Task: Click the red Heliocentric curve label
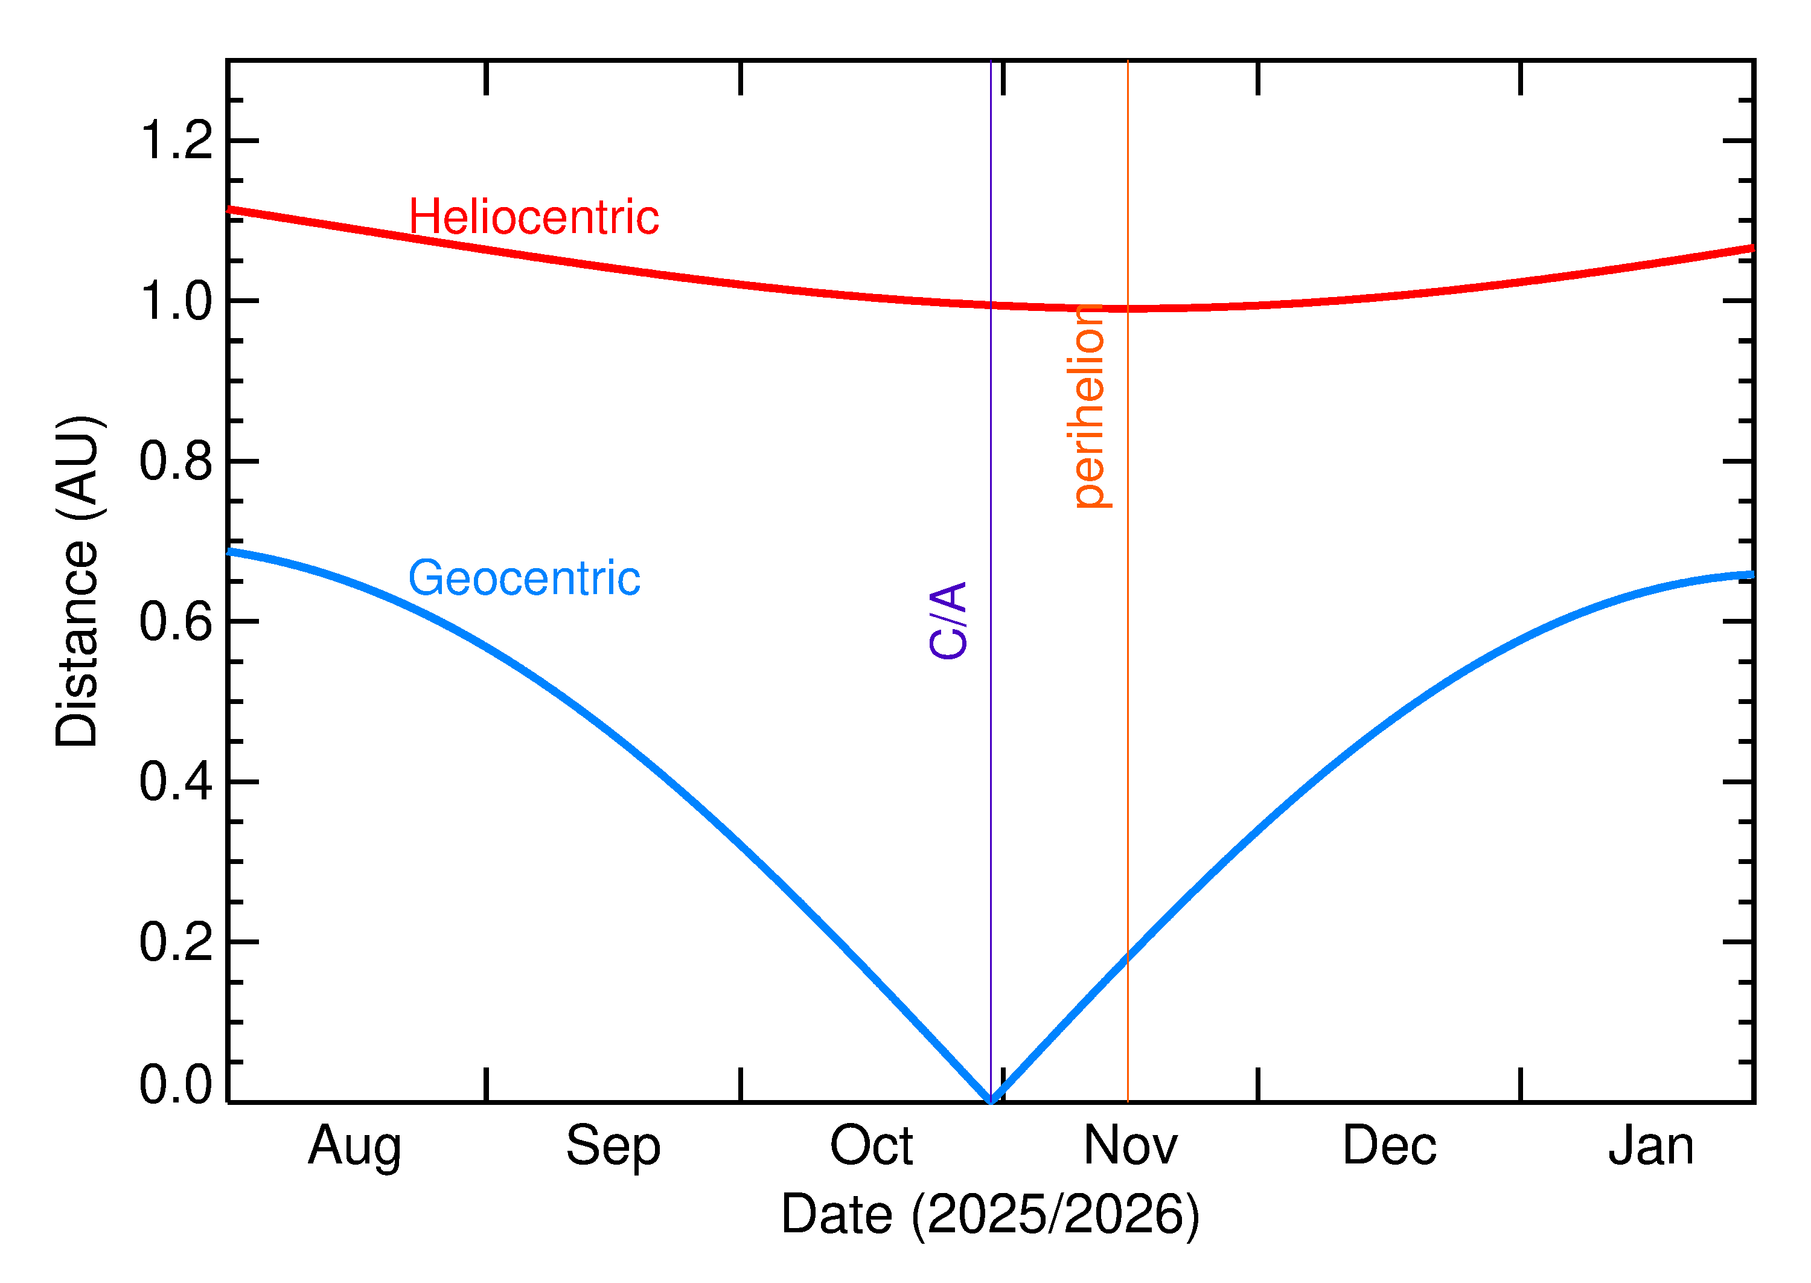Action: pos(533,217)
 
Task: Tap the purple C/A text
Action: pos(948,620)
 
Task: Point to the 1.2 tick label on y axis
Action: pos(176,141)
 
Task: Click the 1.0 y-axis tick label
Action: pos(176,301)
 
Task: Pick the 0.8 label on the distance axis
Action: pos(176,461)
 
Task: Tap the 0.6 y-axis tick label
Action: pos(176,622)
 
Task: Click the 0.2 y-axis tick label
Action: pos(176,942)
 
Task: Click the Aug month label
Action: pos(354,1147)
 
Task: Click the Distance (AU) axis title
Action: pos(77,581)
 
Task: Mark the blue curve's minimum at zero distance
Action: pos(991,1099)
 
